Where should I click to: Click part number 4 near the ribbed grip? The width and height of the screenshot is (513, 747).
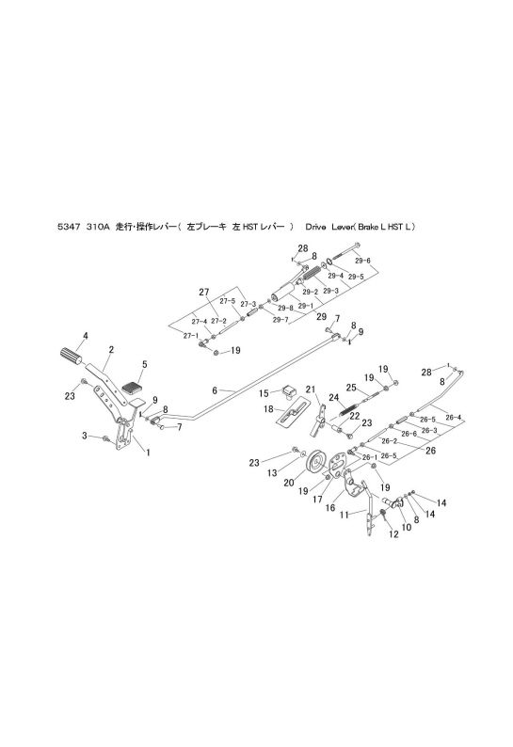click(x=85, y=336)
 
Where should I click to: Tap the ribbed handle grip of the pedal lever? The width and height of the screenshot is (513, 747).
click(x=71, y=356)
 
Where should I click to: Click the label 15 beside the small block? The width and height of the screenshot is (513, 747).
click(x=265, y=392)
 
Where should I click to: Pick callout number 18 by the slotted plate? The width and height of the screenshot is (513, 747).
click(x=268, y=409)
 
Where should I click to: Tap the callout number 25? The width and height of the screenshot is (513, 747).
click(x=349, y=388)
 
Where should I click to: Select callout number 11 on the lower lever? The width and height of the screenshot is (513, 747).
click(x=345, y=514)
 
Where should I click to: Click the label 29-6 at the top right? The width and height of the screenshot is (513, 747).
click(x=361, y=261)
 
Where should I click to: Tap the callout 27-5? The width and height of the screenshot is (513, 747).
click(x=228, y=301)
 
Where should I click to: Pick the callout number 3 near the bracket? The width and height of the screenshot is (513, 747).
click(x=84, y=436)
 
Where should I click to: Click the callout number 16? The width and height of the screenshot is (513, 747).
click(x=329, y=507)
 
